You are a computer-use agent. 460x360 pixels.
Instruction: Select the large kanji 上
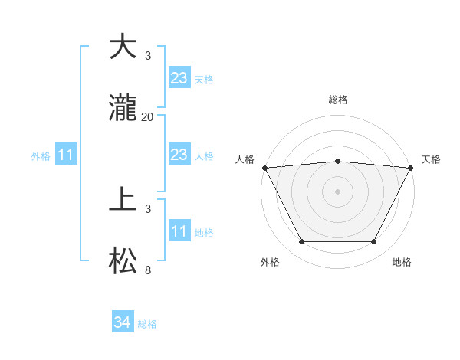coord(123,201)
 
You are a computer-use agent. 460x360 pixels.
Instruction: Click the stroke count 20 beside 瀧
coord(148,117)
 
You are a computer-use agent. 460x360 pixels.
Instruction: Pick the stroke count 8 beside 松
coord(148,270)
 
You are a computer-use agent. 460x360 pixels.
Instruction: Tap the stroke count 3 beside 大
coord(148,56)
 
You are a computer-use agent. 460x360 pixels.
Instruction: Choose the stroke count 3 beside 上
coord(148,208)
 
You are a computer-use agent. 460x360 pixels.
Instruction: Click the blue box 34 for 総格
coord(122,323)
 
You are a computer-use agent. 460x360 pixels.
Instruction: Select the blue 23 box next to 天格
coord(179,78)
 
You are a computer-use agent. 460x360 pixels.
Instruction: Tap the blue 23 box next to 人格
coord(179,155)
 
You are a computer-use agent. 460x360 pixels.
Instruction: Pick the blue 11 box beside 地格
coord(179,231)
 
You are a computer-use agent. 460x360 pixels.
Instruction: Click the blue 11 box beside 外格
coord(66,155)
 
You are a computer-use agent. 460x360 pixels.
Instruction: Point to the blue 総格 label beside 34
coord(147,324)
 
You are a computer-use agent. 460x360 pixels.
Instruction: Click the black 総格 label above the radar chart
coord(337,100)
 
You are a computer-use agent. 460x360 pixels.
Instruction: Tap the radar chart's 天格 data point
coord(412,167)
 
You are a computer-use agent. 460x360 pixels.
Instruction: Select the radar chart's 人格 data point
coord(264,167)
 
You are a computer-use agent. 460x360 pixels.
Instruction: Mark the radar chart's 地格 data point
coord(374,242)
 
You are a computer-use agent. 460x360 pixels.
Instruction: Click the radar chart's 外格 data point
coord(301,242)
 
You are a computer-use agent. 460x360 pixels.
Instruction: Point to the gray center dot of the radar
coord(337,191)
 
